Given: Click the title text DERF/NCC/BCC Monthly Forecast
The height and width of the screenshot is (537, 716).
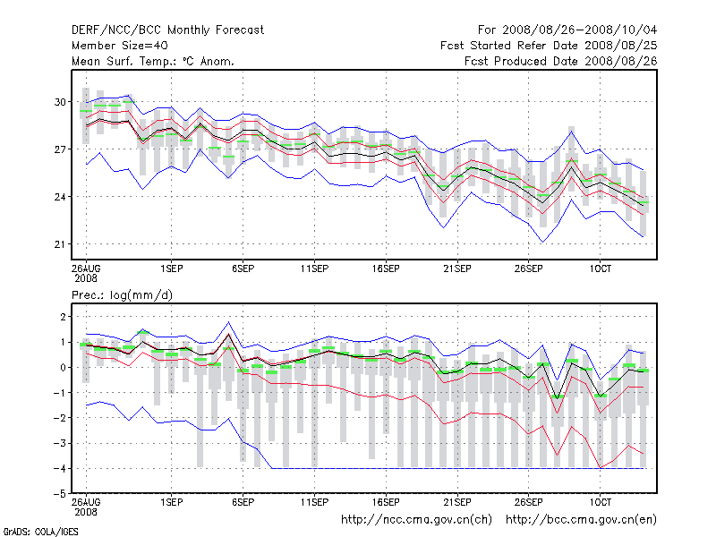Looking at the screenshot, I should (x=167, y=30).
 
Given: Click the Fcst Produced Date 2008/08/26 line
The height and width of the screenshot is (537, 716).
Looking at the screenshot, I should (x=561, y=61).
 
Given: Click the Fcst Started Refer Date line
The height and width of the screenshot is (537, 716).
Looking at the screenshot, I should (x=549, y=45).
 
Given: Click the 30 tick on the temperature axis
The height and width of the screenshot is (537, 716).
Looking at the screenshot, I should (x=62, y=102).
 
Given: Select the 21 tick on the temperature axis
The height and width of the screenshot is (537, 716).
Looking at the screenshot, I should (x=62, y=244).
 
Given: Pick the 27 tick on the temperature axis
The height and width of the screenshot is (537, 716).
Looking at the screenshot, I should (x=62, y=149).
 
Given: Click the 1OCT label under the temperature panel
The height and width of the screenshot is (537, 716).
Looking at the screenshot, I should (x=600, y=268).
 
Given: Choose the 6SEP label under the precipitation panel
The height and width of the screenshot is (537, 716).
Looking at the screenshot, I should (x=243, y=502).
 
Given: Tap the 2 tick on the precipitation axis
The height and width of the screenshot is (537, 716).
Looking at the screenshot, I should (x=64, y=317).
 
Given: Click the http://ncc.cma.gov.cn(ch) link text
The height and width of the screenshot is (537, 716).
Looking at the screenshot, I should (x=416, y=519).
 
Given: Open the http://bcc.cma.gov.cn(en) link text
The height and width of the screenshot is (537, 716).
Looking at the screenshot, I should (x=582, y=519).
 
